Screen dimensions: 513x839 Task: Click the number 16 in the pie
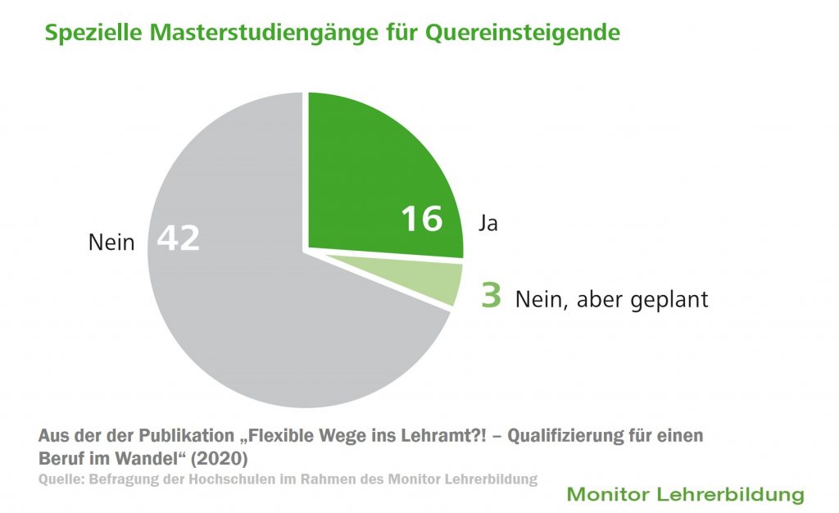click(421, 219)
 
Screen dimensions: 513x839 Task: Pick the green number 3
click(491, 296)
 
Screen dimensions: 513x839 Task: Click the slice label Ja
click(488, 223)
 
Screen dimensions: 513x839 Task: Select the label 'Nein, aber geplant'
click(611, 299)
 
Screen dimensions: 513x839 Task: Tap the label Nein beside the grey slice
click(111, 243)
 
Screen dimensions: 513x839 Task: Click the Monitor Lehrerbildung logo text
click(685, 495)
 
